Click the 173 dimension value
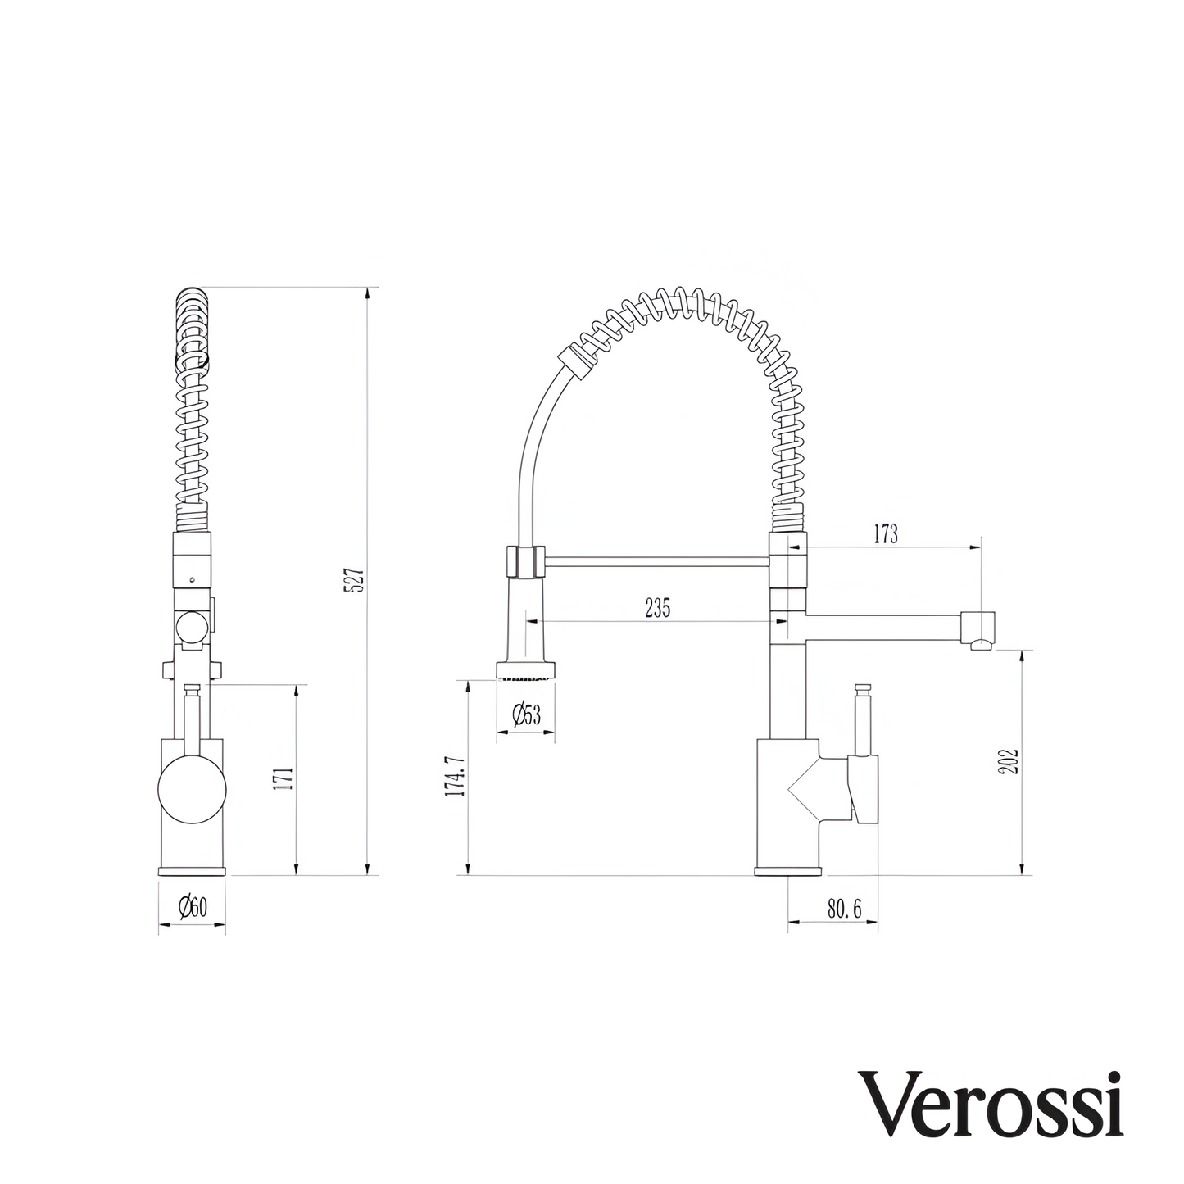point(885,535)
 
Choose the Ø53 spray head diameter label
point(526,715)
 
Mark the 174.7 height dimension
point(455,776)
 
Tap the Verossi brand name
point(991,1103)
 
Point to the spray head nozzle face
point(525,678)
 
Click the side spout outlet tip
point(978,646)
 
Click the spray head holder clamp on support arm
point(524,563)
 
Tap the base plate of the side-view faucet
point(787,870)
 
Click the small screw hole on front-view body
point(191,578)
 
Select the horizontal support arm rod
point(656,561)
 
